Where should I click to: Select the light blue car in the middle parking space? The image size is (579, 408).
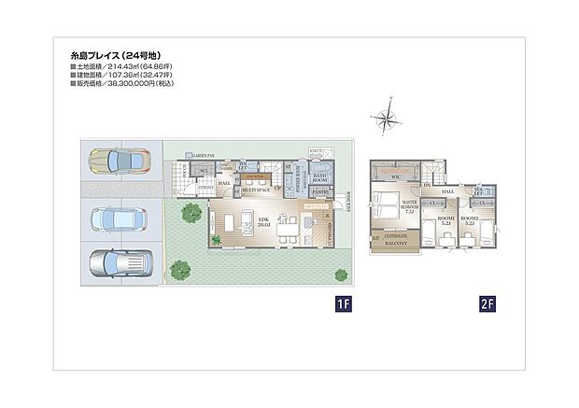(118, 219)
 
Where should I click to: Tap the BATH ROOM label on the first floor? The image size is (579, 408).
(318, 177)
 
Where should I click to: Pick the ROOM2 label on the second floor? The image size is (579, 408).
(470, 220)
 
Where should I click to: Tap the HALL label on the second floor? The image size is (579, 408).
(447, 190)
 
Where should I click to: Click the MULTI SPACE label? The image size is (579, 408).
(257, 189)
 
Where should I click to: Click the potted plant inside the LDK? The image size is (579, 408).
(217, 241)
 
